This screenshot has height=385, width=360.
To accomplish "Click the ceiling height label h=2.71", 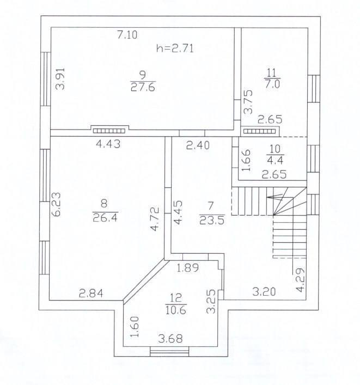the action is coord(175,48).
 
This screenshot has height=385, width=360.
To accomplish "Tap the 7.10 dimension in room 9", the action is coord(127,35).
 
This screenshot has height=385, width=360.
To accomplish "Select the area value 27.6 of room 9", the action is coord(143,88).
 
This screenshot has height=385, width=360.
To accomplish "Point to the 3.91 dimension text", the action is coord(60,78).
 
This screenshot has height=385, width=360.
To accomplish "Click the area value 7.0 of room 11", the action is coord(272,84).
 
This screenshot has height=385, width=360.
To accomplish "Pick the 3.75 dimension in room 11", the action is coord(248,102).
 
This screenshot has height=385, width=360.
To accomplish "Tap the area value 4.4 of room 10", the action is coord(275,160).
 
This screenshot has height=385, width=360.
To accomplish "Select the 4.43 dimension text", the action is coord(108,144).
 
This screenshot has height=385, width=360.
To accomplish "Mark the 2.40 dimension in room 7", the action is coord(198,145).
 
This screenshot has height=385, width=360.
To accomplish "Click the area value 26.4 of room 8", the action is coord(105,217).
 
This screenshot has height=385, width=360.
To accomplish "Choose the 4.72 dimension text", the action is coord(155,219).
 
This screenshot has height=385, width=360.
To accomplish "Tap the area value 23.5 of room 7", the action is coord(212,220).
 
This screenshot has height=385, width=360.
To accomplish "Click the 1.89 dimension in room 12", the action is coord(187,267).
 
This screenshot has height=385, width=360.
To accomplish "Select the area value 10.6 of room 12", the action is coord(176,310).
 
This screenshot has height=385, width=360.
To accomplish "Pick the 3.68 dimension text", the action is coord(170,339).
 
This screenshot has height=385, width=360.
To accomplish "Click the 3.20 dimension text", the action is coord(264,292).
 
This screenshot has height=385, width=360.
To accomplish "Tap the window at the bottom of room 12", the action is coord(169,351).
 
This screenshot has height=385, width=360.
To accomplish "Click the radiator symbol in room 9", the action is coord(109,131).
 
